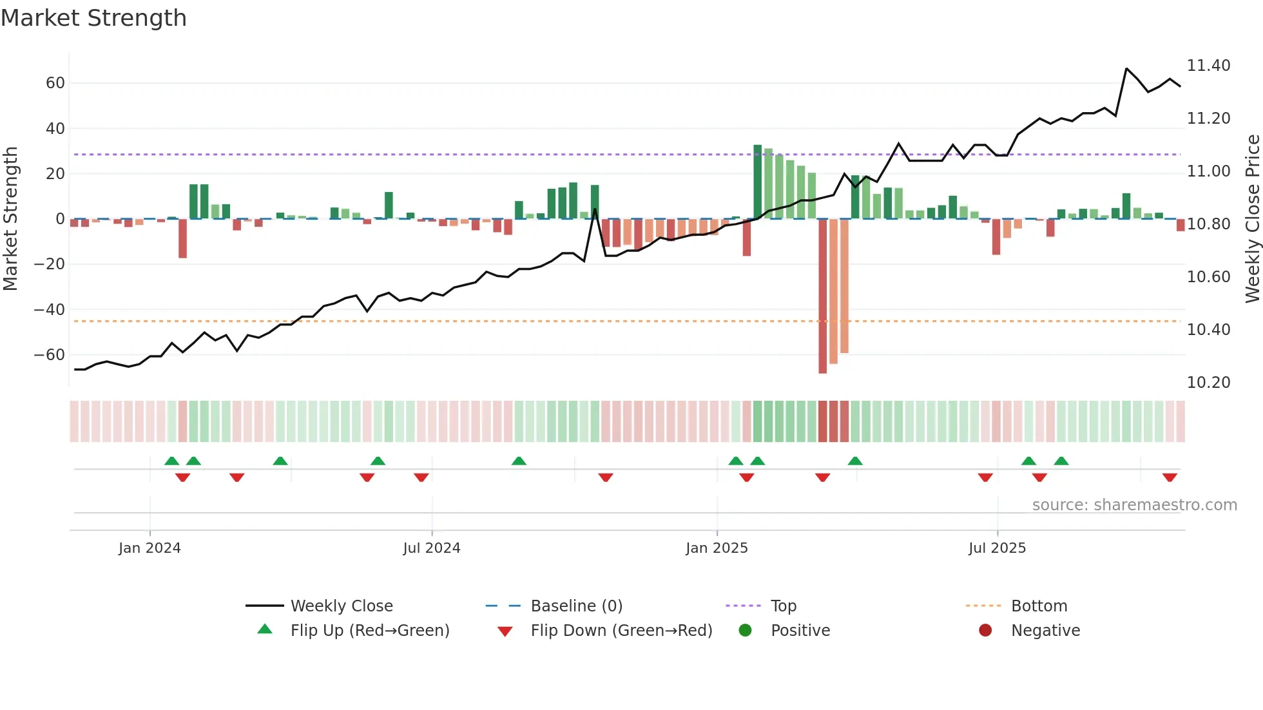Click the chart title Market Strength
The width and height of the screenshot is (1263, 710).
[x=93, y=18]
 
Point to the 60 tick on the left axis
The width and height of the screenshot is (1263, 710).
[x=55, y=83]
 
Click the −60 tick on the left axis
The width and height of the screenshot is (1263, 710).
[x=50, y=355]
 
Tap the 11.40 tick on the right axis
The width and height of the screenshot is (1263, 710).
[x=1208, y=66]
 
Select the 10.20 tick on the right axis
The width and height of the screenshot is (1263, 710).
[x=1208, y=383]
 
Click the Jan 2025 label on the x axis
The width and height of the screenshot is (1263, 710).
[x=717, y=548]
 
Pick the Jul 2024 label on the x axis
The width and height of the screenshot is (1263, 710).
[x=431, y=548]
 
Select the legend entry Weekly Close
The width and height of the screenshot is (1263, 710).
[x=341, y=606]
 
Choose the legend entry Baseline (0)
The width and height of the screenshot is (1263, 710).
[x=576, y=606]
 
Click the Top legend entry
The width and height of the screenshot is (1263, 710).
[x=783, y=606]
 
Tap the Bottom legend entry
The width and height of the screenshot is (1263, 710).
[x=1039, y=606]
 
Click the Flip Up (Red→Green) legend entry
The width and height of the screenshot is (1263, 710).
[x=369, y=631]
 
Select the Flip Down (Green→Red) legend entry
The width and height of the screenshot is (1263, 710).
[x=621, y=631]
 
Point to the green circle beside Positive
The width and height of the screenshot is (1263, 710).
[x=746, y=631]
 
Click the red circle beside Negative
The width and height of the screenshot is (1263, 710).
[x=985, y=631]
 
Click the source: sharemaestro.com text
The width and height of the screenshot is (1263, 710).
[x=1134, y=505]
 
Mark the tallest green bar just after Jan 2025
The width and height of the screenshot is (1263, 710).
[x=758, y=182]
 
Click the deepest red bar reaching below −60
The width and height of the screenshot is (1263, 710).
[x=823, y=296]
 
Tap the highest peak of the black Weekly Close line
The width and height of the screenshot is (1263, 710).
[x=1126, y=68]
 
